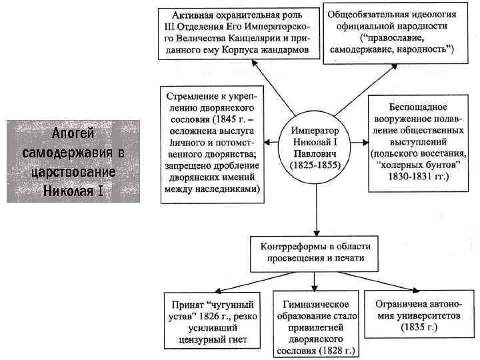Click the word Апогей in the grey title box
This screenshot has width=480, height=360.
(73, 134)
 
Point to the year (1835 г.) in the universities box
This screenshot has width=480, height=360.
(419, 327)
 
